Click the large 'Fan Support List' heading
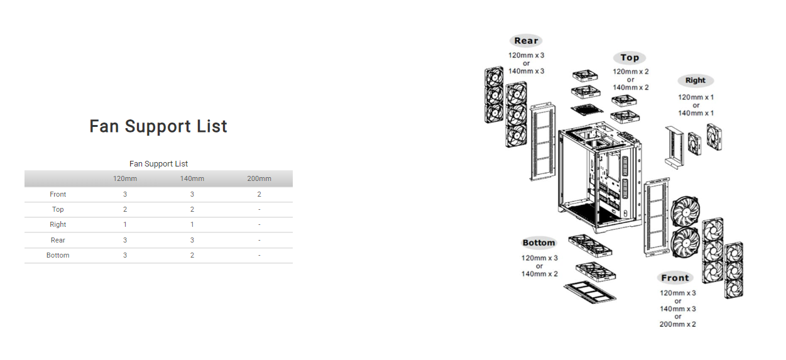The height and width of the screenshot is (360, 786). coord(158,126)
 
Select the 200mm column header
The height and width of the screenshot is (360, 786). coord(259,178)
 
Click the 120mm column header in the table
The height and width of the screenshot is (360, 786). coord(125,178)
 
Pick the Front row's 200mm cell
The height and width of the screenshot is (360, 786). coord(259,194)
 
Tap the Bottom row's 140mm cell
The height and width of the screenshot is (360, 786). coord(192,255)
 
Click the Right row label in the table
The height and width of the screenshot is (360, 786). coord(58,224)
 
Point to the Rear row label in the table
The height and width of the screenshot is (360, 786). coord(58,240)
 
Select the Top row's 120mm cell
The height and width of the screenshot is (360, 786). coord(125,209)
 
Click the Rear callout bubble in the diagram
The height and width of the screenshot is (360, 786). coord(526,41)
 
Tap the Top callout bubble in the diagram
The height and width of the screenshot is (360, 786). coord(630,58)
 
